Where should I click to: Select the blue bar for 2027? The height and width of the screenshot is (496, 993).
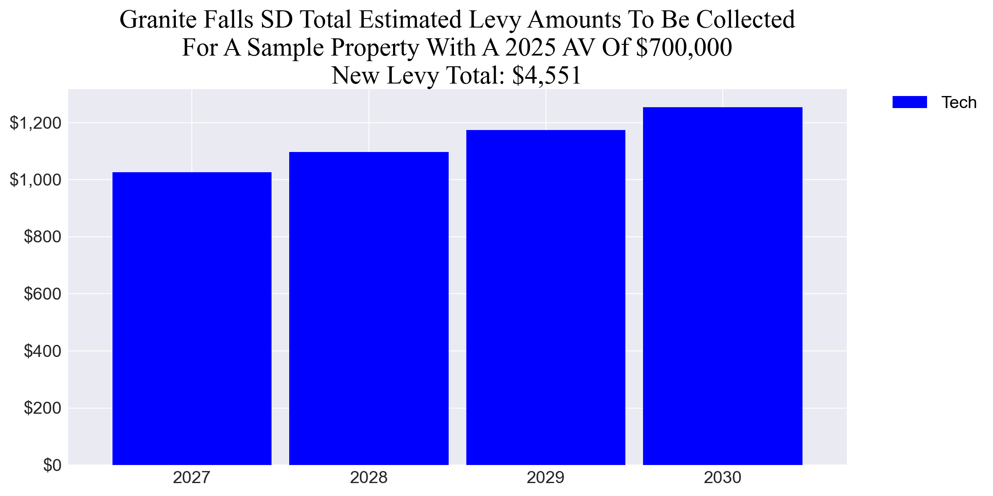coord(192,319)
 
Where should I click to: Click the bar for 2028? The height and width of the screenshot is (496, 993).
coord(368,308)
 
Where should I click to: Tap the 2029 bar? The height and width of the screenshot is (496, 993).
coord(546,297)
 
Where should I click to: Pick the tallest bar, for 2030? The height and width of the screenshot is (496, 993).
coord(722,286)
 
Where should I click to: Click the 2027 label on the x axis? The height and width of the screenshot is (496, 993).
coord(192,477)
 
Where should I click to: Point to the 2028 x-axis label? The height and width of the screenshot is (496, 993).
coord(368,477)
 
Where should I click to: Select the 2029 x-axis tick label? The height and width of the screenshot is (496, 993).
coord(546,477)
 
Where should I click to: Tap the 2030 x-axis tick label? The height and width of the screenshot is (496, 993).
coord(722,477)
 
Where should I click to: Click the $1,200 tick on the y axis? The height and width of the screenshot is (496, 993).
coord(35,123)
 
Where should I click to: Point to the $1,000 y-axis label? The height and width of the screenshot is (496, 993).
coord(35,180)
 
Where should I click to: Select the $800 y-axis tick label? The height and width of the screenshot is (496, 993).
coord(42,237)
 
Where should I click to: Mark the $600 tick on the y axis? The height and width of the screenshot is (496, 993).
coord(42,294)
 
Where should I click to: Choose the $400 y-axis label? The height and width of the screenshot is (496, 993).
coord(42,351)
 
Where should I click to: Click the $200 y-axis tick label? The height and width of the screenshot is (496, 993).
coord(42,408)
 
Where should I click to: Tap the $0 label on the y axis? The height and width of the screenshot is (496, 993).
coord(52,465)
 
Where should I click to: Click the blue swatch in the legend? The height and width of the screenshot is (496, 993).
coord(909,102)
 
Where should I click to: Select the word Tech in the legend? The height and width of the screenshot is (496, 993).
coord(959,102)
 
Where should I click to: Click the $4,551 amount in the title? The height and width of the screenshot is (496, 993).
coord(546,75)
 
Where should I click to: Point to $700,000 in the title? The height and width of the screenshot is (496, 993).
coord(684,47)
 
